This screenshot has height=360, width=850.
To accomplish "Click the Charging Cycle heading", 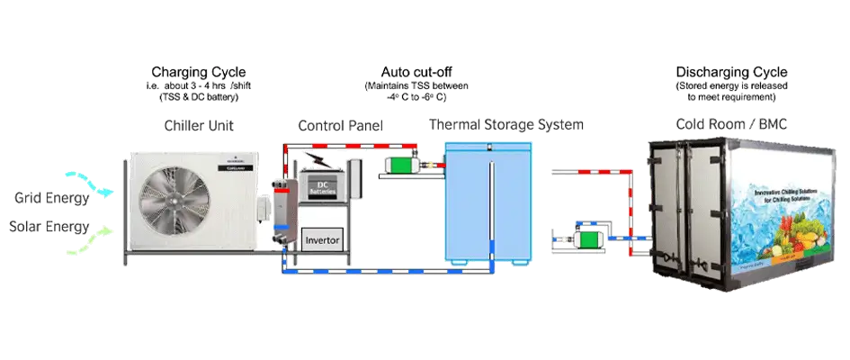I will pos(199,72).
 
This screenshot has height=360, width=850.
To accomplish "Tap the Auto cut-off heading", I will pos(416,72).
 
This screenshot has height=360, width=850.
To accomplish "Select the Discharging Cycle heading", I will pos(731,72).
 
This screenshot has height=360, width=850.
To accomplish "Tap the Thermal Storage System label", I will pos(506,124).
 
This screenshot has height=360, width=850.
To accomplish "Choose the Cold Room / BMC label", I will pos(731,123).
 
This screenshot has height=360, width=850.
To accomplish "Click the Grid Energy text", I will pos(50,197).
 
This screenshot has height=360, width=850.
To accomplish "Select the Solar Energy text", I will pos(50,227).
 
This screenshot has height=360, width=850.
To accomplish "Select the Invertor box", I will pos(322,240).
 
